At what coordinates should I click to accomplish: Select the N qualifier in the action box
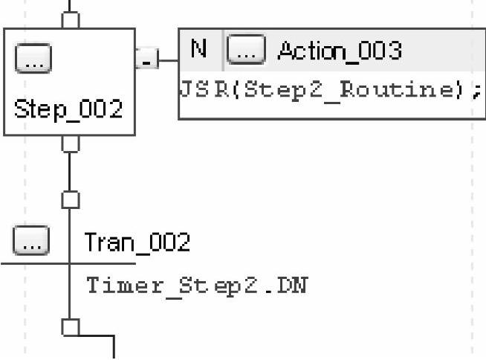pyautogui.click(x=198, y=50)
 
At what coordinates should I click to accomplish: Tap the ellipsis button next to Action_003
pyautogui.click(x=245, y=51)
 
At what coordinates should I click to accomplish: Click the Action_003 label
pyautogui.click(x=339, y=51)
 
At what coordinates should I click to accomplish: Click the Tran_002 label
pyautogui.click(x=137, y=242)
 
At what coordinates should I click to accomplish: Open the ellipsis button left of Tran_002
pyautogui.click(x=32, y=242)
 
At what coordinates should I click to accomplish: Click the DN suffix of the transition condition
pyautogui.click(x=294, y=285)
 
